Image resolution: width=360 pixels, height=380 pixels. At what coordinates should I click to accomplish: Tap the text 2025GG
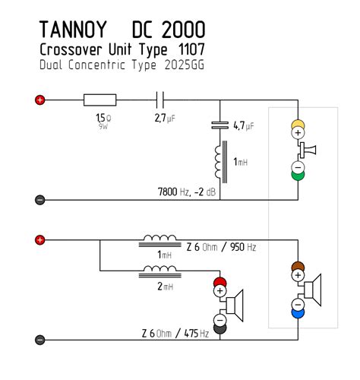pos(182,65)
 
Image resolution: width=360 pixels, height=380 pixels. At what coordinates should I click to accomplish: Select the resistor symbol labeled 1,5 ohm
pos(99,100)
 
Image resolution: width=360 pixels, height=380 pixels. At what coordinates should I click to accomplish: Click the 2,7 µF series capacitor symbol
pos(160,100)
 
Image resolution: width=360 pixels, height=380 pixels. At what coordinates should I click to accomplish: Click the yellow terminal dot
pos(297,123)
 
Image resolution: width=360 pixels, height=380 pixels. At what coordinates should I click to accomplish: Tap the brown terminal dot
pos(297,268)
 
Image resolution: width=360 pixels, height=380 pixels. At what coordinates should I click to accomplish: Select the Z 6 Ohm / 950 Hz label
pos(221,248)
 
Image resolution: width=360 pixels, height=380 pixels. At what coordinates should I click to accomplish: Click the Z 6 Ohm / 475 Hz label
pos(175,334)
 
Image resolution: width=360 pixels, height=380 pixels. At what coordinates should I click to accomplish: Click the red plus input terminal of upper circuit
pos(40,100)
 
